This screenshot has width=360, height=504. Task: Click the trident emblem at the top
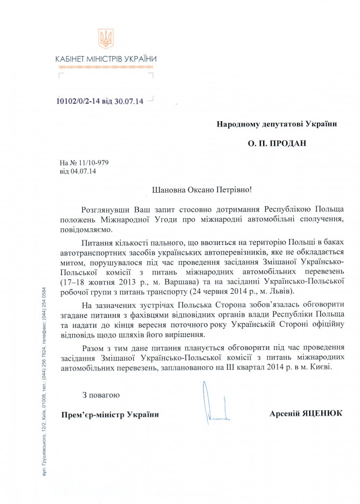[106, 39]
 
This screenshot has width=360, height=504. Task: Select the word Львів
[277, 291]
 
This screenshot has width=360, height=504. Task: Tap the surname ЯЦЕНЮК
[322, 413]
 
